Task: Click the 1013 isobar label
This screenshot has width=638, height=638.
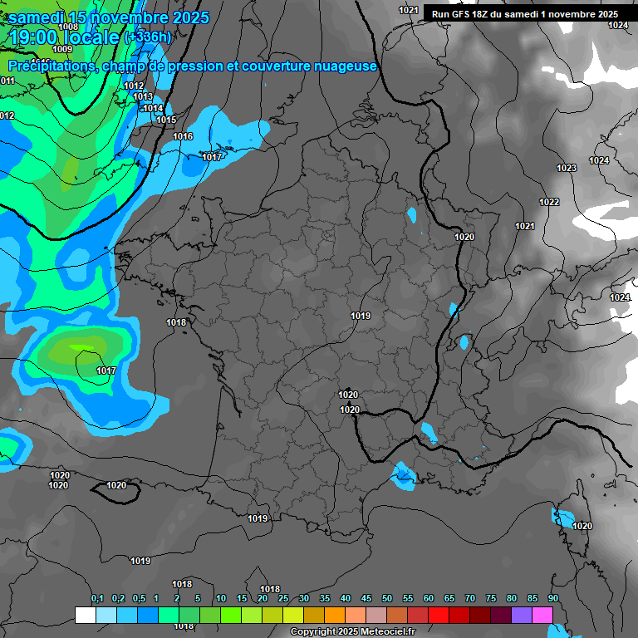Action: (143, 97)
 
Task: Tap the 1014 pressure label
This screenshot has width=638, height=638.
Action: (153, 109)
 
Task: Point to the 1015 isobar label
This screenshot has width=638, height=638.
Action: (166, 120)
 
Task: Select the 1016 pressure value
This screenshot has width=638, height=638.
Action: (183, 137)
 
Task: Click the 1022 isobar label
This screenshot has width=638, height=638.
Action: (549, 203)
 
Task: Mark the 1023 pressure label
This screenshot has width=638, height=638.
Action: (567, 169)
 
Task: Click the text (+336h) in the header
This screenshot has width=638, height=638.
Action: (148, 37)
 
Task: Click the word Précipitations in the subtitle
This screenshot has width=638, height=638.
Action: (51, 66)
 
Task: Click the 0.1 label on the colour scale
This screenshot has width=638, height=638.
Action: (97, 599)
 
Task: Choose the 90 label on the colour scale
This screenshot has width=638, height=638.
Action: (552, 599)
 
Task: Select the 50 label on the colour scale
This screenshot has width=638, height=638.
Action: (387, 599)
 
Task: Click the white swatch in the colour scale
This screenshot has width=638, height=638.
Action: (85, 615)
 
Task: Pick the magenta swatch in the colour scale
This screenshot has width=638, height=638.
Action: (542, 615)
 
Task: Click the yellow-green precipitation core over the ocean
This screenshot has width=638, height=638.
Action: (81, 348)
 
